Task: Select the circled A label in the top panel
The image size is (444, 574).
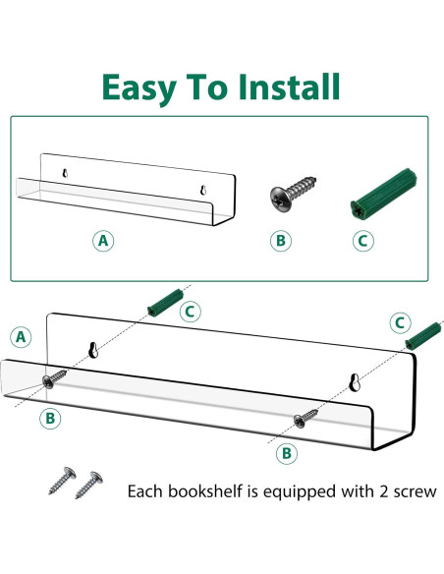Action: coord(102,240)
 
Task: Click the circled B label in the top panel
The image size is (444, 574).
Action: coord(282,240)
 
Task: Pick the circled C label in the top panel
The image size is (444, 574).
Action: coord(363,240)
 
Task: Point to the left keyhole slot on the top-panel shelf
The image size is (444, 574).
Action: coord(66,174)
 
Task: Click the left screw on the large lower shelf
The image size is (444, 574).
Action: coord(55,379)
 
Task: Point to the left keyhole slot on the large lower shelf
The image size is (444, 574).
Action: coord(93,349)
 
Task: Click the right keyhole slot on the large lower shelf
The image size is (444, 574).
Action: coord(355,382)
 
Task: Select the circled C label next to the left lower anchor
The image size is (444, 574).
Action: coord(192,312)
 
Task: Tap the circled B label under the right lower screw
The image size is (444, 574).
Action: coord(286,453)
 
